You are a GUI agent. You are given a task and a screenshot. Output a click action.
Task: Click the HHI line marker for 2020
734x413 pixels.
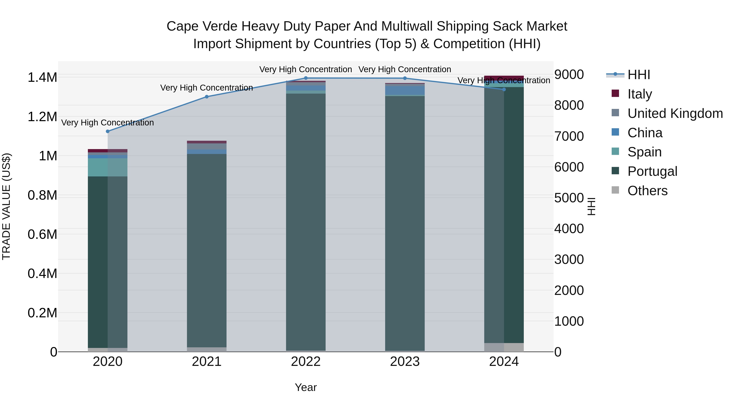click(108, 131)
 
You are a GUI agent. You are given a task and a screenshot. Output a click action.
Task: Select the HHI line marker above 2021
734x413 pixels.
click(207, 97)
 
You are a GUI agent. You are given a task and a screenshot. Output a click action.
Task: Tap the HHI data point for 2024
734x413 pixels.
click(504, 90)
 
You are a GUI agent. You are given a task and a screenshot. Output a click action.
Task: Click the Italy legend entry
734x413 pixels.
click(640, 94)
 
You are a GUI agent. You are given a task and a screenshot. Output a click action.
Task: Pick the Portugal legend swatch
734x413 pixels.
click(616, 171)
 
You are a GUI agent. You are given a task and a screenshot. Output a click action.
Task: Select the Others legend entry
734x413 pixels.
click(647, 190)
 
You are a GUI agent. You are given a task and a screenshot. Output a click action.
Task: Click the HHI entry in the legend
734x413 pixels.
click(639, 75)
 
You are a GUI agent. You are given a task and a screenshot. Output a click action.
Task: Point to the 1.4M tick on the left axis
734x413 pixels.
click(42, 78)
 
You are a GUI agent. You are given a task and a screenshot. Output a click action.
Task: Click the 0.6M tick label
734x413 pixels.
click(42, 234)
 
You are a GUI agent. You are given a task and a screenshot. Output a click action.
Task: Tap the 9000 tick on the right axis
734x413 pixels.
click(569, 75)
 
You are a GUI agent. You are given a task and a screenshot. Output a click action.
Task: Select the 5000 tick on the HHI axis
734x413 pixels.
click(569, 198)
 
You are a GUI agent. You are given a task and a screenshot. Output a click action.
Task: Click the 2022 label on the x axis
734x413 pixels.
click(306, 362)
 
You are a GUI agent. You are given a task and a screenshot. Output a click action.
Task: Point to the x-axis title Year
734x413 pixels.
click(306, 387)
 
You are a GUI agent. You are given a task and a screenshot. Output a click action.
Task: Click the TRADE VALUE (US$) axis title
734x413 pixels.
click(6, 206)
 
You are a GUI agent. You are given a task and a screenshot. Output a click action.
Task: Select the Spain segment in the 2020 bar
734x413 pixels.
click(108, 167)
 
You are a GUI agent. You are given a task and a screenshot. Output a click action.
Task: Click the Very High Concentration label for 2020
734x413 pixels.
click(108, 123)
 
